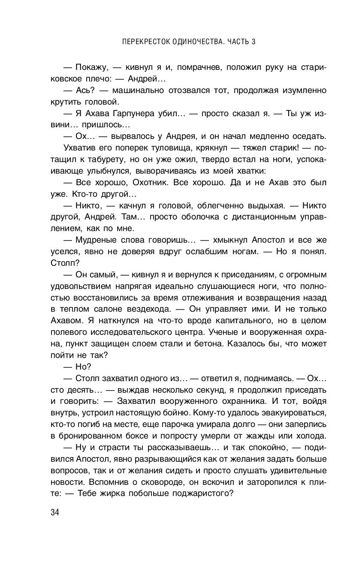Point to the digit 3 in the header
[254, 42]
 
